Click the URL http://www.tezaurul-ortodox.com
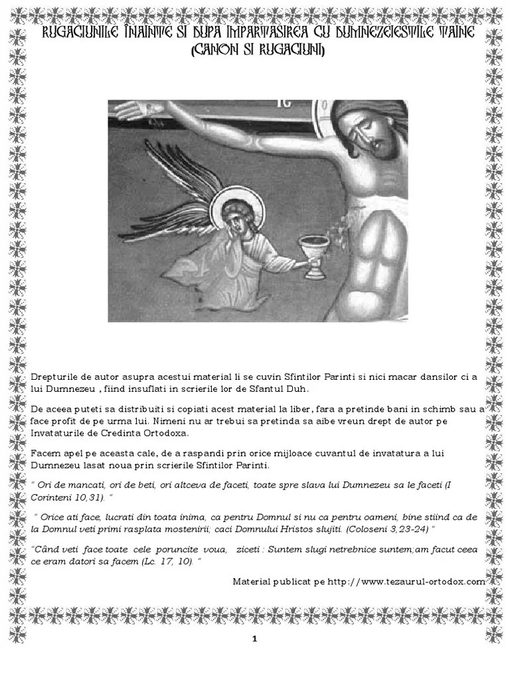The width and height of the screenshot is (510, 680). [x=406, y=581]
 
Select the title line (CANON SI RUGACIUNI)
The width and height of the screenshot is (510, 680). [x=255, y=51]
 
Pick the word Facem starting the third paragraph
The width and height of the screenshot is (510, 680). [x=45, y=454]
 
